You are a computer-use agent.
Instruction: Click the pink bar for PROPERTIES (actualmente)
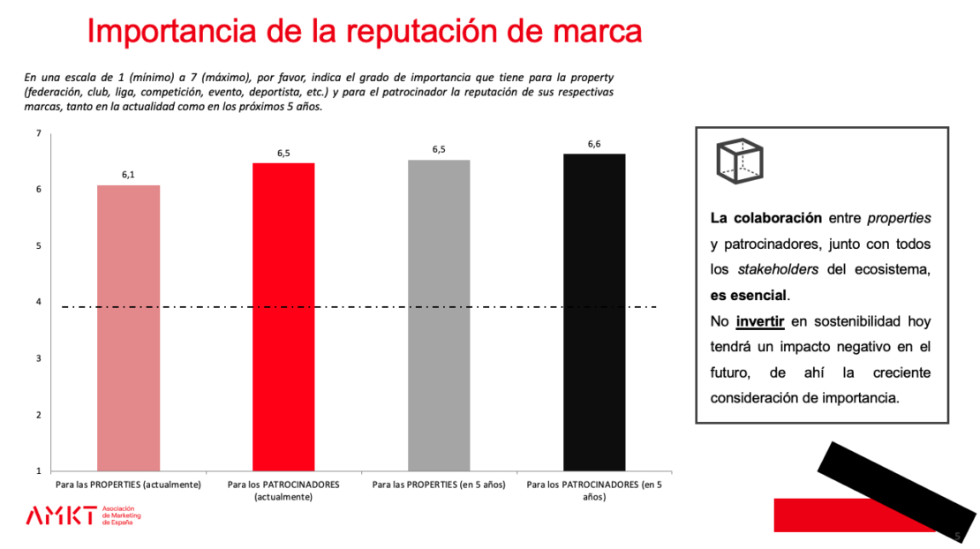pyautogui.click(x=128, y=327)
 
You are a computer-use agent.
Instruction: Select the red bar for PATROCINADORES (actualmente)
pyautogui.click(x=283, y=317)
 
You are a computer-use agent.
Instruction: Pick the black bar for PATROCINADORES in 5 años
pyautogui.click(x=594, y=312)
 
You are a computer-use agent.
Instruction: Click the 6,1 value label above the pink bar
pyautogui.click(x=128, y=175)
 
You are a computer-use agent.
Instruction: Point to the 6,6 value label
pyautogui.click(x=594, y=144)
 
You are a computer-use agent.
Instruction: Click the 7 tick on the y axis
pyautogui.click(x=38, y=133)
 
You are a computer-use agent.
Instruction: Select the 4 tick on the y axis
pyautogui.click(x=38, y=302)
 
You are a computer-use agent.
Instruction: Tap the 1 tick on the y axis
pyautogui.click(x=38, y=471)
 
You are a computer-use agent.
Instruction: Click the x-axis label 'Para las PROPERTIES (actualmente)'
pyautogui.click(x=128, y=485)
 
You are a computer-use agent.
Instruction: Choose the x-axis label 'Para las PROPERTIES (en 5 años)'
pyautogui.click(x=439, y=485)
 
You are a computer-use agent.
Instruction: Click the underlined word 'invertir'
pyautogui.click(x=760, y=321)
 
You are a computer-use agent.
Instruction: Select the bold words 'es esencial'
pyautogui.click(x=749, y=295)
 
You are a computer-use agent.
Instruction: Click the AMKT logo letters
pyautogui.click(x=61, y=515)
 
